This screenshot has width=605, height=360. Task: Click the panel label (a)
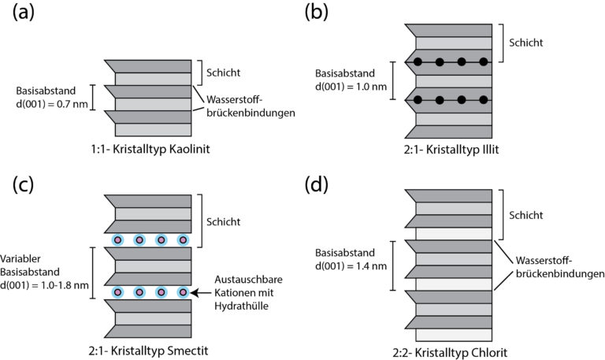(23, 13)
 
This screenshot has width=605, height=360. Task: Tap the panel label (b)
(316, 13)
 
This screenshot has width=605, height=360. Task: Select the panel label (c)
(23, 185)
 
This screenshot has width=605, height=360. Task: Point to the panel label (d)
(316, 185)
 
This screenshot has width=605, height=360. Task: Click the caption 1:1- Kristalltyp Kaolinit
(150, 150)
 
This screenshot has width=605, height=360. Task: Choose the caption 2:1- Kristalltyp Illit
(451, 150)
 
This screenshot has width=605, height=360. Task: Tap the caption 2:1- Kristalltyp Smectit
(148, 351)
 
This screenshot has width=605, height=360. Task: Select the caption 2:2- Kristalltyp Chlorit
(450, 352)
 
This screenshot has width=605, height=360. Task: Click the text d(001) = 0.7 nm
(52, 104)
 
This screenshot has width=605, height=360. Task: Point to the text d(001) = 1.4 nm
(351, 265)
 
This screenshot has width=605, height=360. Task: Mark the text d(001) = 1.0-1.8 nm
(44, 285)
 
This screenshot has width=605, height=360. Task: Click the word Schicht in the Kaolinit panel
(223, 72)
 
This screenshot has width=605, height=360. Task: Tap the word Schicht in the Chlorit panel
(525, 215)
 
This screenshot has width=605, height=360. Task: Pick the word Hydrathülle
(241, 306)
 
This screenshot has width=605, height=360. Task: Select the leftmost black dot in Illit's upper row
(418, 61)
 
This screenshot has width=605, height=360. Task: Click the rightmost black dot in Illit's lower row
(484, 100)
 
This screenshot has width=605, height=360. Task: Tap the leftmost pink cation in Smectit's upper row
(118, 240)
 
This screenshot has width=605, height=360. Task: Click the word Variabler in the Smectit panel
(20, 258)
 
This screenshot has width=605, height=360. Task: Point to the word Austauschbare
(248, 280)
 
